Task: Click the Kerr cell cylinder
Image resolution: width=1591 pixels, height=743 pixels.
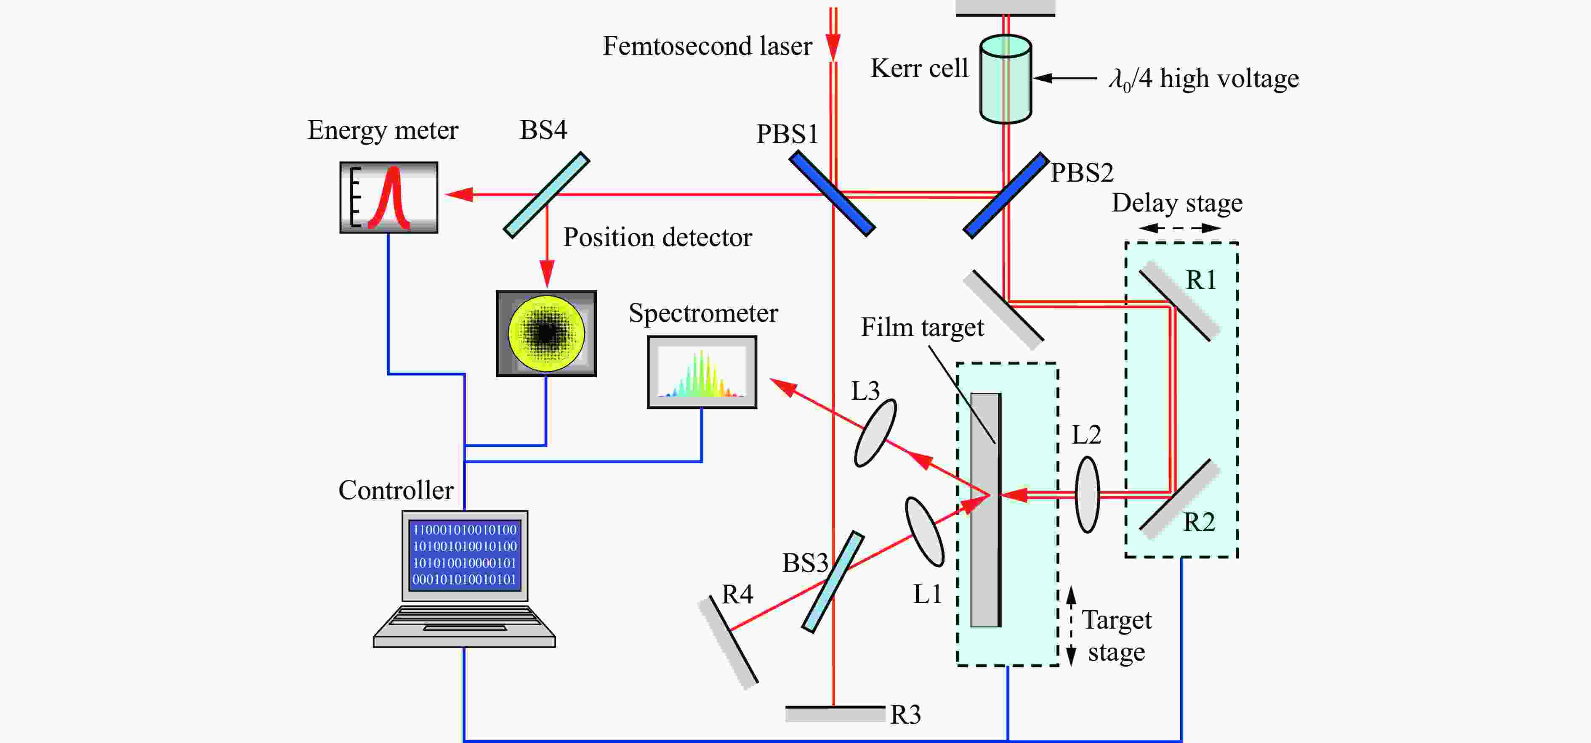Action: [1006, 79]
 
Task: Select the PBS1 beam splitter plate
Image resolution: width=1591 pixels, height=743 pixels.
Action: [832, 194]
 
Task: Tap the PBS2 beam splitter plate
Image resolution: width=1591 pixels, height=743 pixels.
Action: [1006, 195]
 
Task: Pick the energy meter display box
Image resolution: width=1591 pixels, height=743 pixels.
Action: [388, 198]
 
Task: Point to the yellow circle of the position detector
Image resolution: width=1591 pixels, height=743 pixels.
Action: [546, 333]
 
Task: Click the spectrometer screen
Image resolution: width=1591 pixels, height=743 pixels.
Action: [702, 372]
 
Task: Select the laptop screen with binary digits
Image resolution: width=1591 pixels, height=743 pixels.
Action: [464, 555]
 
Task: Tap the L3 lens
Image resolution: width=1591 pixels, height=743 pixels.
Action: [875, 433]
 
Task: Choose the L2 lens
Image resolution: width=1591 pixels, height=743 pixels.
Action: [1087, 494]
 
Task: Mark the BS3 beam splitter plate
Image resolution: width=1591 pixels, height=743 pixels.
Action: [833, 581]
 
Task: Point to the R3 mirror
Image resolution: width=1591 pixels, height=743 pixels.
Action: [835, 714]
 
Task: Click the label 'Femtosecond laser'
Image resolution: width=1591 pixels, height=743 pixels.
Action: [707, 46]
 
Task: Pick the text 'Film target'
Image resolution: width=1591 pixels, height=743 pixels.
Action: [922, 328]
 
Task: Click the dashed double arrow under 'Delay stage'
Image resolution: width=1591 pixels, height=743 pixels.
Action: [1180, 228]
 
